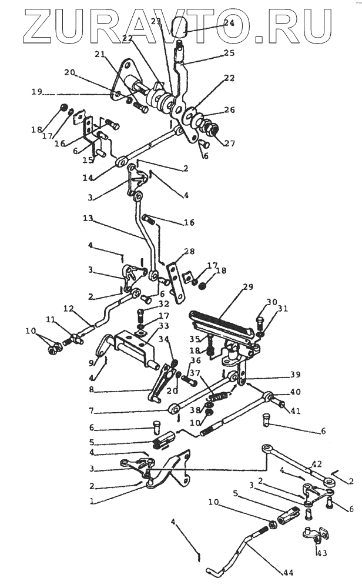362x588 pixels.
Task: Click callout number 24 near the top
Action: [229, 23]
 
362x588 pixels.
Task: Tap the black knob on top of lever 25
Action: [183, 31]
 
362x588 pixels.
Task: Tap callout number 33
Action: [162, 326]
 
